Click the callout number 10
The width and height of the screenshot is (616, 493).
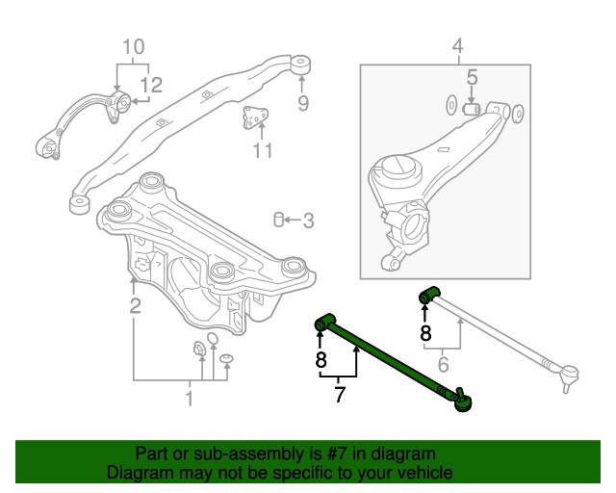point(133,46)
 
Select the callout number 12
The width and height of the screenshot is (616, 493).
point(153,85)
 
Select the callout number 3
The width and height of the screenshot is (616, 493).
point(308,221)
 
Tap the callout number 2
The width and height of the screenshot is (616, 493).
point(135,306)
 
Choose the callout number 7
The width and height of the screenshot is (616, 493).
point(339,394)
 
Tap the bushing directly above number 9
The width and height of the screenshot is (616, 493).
point(301,65)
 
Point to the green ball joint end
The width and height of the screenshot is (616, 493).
point(463,398)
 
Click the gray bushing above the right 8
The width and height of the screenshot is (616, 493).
point(429,294)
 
